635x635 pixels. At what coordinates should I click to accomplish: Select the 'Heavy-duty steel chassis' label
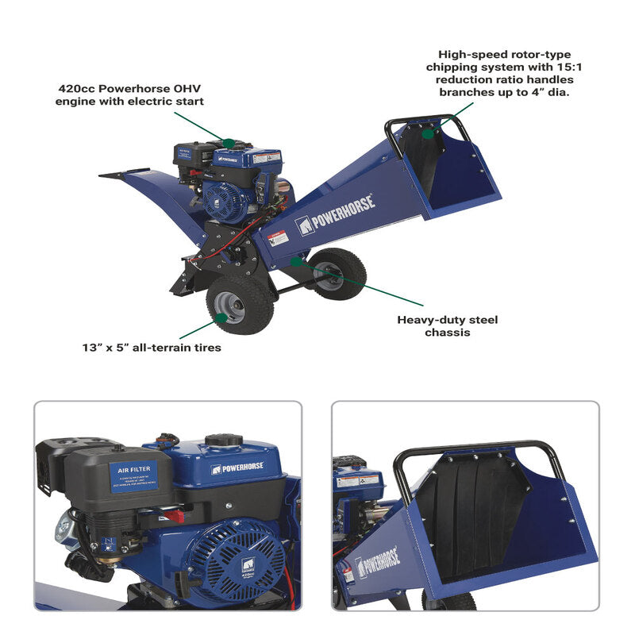(448, 326)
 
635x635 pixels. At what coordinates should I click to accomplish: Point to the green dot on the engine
(229, 143)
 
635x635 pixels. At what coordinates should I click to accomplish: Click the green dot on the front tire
(220, 317)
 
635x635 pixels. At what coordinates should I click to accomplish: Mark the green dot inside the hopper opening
(428, 133)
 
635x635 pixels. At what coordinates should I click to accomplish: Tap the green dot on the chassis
(295, 260)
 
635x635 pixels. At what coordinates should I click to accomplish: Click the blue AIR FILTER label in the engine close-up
(133, 476)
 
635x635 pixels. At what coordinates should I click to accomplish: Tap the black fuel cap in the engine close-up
(224, 441)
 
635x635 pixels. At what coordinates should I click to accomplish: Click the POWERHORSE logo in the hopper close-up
(377, 562)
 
